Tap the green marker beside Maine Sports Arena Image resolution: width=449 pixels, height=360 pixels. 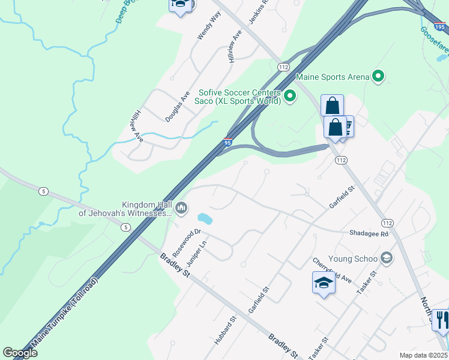tap(378, 76)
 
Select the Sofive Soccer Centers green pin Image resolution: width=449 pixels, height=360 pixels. tap(290, 95)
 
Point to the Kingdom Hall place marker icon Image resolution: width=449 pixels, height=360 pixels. tap(182, 209)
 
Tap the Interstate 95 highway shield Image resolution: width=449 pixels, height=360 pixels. tap(228, 142)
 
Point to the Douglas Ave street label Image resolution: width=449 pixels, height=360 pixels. tap(177, 107)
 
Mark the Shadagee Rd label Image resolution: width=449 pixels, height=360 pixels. tap(369, 234)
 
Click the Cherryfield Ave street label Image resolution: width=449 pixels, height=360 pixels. tap(332, 270)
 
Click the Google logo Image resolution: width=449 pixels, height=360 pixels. tap(20, 353)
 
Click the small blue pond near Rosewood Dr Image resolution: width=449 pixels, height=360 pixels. tap(205, 217)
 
